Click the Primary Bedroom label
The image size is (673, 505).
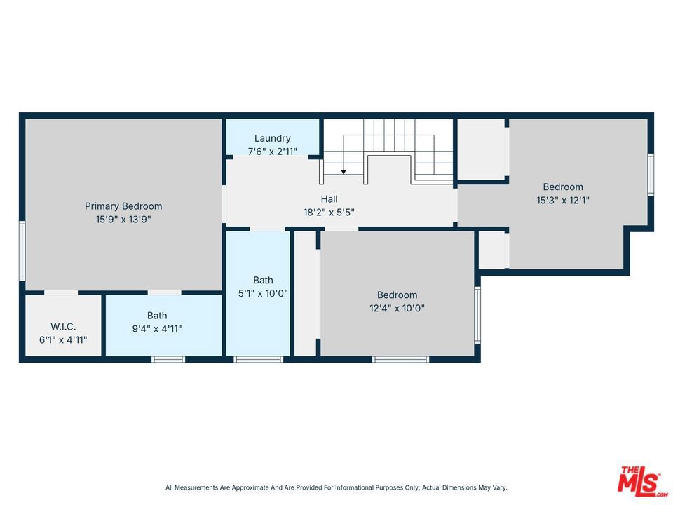coord(123,206)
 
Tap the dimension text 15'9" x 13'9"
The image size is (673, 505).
coord(123,220)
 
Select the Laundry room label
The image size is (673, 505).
coord(273,138)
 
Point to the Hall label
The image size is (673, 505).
coord(329,198)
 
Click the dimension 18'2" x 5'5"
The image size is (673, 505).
coord(329,212)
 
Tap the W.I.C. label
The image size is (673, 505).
coord(63,326)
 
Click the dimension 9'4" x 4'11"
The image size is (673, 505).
coord(157,329)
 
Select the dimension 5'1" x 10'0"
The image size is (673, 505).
coord(263,294)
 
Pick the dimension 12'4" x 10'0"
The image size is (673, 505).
coord(397,309)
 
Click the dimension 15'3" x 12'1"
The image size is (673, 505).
coord(563,200)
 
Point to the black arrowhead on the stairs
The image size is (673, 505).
coord(344,172)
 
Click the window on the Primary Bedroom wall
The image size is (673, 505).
coord(22,251)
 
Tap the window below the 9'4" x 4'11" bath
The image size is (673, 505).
coord(168,359)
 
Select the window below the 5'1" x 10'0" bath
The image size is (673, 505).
coord(259,359)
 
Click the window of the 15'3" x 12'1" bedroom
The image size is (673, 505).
coord(651,175)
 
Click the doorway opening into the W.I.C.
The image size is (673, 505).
coord(62,293)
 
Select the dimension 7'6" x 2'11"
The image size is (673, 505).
coord(273,151)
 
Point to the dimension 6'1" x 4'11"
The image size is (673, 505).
coord(63,340)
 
